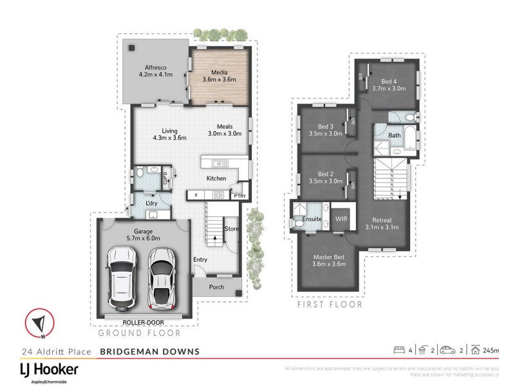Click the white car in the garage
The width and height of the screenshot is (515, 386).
tap(122, 277)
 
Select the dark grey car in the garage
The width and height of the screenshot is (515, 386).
tap(162, 277)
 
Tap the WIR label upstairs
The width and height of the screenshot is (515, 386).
tap(342, 219)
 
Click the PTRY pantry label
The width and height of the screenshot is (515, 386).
tap(239, 196)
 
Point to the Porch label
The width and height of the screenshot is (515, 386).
tap(216, 287)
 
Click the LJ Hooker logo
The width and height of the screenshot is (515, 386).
tap(48, 371)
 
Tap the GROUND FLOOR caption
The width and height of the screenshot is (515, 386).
tap(139, 333)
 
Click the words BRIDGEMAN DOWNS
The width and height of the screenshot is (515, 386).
tap(150, 351)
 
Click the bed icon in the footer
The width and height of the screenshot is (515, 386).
tap(398, 350)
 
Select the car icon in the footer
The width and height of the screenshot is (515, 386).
tap(447, 350)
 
